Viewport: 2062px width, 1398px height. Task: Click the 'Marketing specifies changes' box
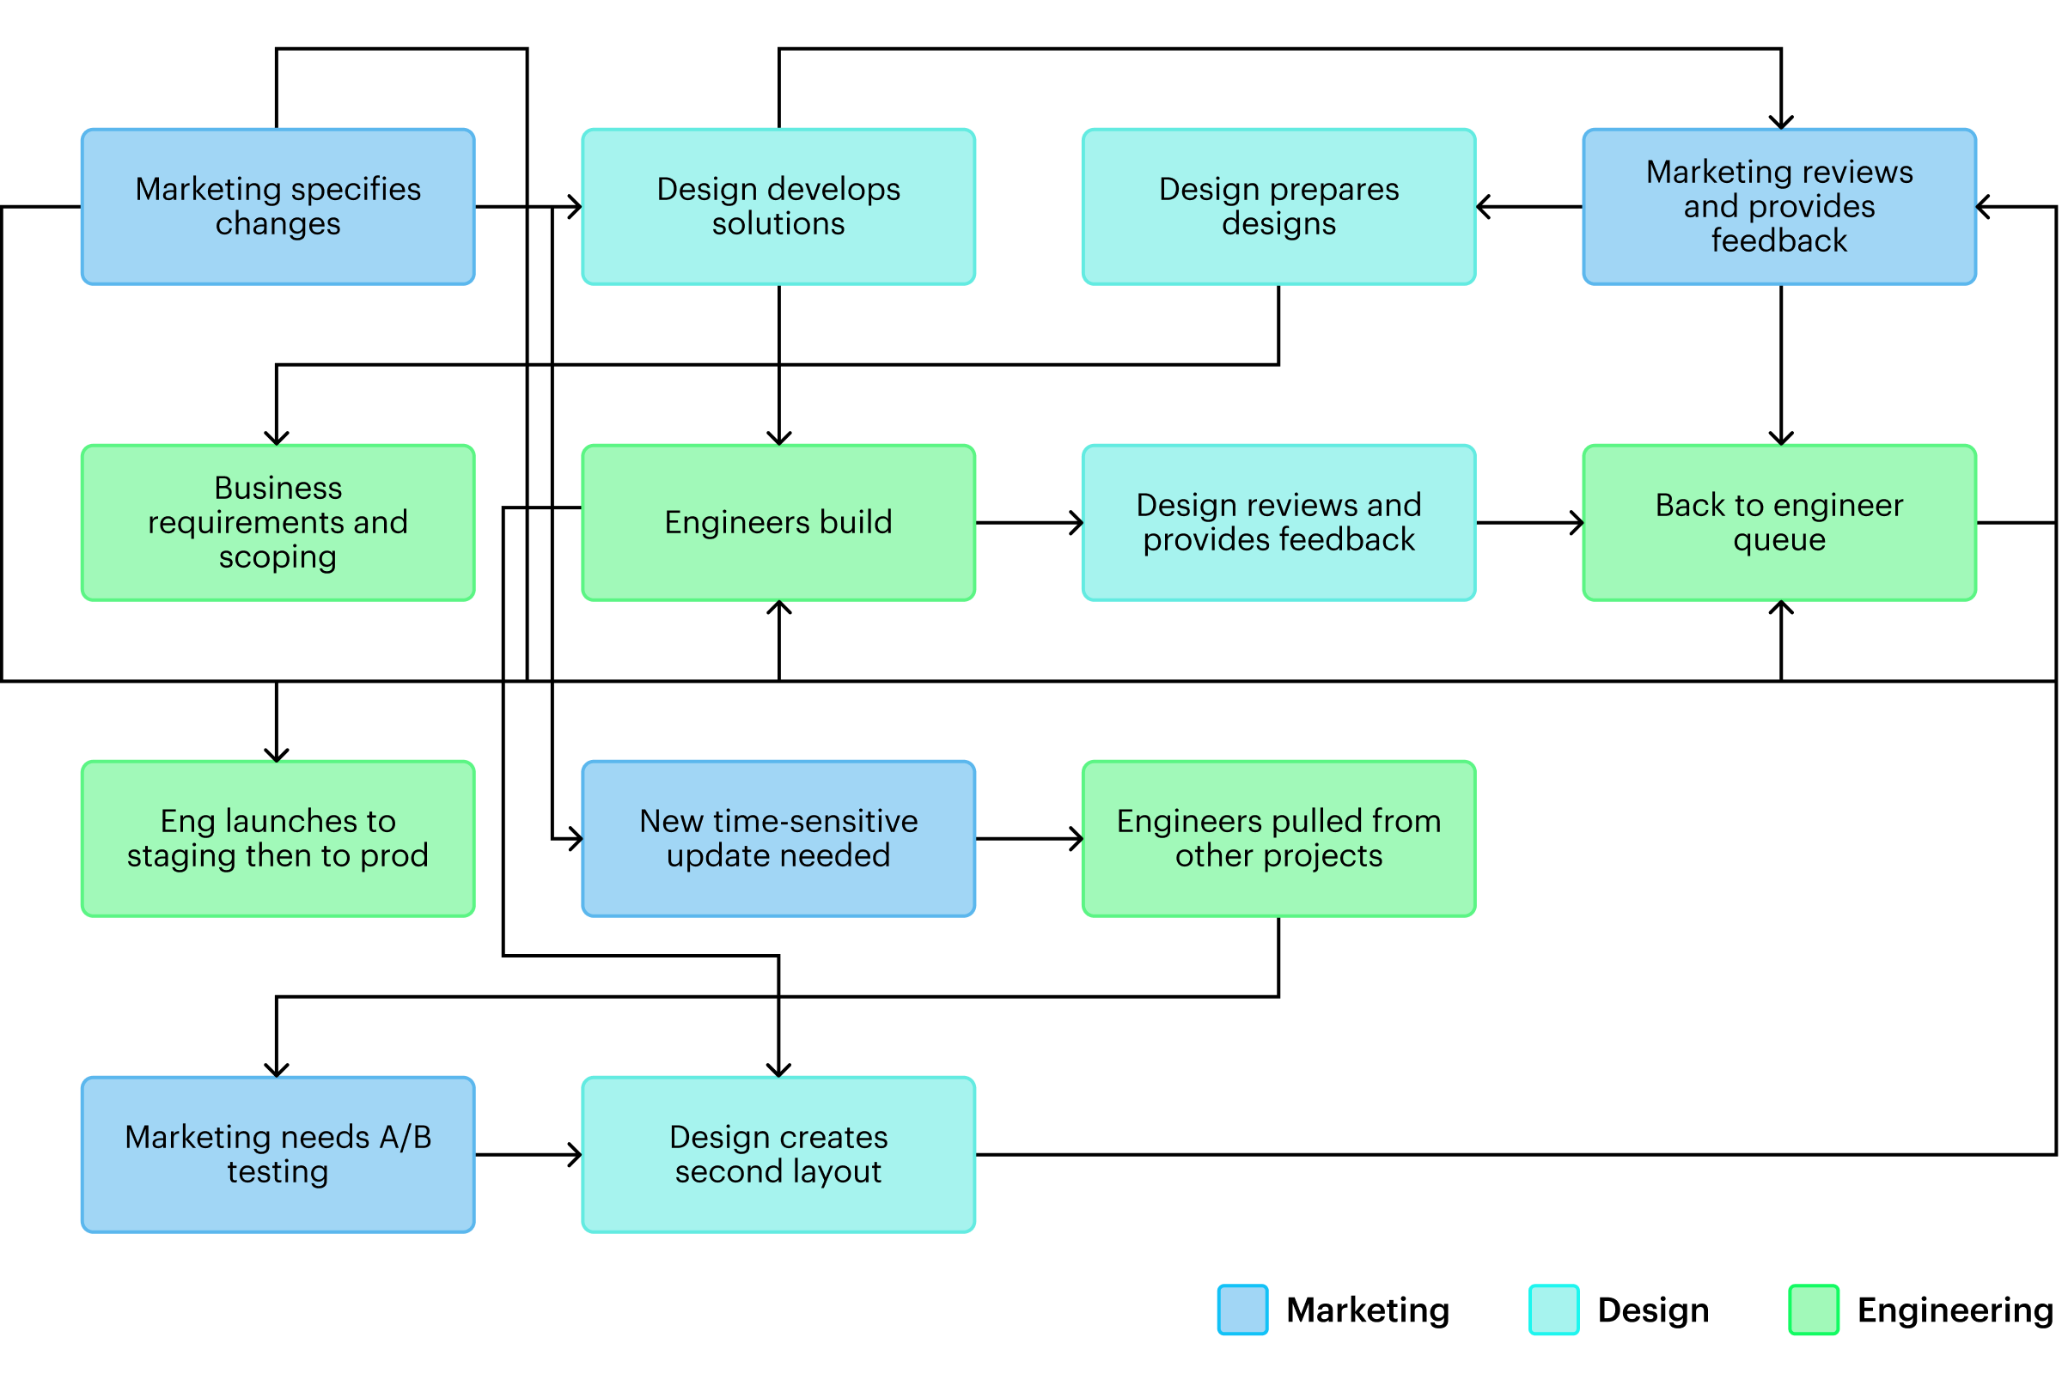278,207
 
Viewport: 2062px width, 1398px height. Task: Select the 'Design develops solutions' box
778,207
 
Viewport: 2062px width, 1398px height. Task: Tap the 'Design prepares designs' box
1278,207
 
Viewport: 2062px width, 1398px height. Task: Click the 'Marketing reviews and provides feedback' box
1779,207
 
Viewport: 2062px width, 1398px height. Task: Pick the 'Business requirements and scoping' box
278,522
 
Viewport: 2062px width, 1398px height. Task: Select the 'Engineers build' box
778,522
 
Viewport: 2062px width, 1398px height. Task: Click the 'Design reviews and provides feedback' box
1278,522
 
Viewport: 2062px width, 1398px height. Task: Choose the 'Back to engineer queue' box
1779,522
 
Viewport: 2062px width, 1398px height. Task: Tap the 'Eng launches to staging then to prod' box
278,838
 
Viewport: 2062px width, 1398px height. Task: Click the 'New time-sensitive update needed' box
778,838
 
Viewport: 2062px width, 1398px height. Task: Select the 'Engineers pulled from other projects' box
1278,838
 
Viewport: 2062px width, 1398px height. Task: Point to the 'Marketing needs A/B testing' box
278,1154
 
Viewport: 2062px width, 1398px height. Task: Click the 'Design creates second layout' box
778,1154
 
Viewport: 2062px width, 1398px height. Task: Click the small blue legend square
1242,1310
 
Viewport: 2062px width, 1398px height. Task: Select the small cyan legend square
1553,1310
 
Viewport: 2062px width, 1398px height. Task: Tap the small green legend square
1814,1310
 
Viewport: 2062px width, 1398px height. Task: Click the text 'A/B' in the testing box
406,1137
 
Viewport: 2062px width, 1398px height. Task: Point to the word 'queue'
1779,540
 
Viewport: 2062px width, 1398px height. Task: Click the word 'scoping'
278,558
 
